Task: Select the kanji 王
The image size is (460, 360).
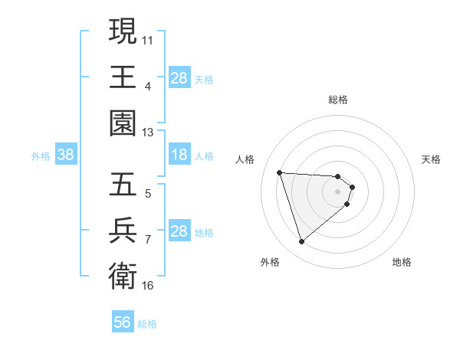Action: [123, 77]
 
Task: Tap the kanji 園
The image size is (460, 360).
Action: [123, 123]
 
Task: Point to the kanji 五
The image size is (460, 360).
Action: [123, 184]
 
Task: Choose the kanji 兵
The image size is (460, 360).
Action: [123, 230]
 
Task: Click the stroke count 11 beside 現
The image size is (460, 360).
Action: [148, 38]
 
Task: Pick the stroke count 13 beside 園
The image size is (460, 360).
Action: [148, 132]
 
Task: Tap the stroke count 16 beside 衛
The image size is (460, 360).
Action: [148, 286]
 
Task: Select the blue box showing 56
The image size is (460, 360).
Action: [123, 322]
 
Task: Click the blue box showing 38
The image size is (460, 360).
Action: [66, 155]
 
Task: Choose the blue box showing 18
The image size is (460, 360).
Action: [179, 155]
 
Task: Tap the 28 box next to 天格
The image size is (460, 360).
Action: [179, 78]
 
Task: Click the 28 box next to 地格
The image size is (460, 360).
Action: [179, 231]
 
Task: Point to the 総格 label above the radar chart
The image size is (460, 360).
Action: [338, 100]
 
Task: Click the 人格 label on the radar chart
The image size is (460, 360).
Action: [246, 159]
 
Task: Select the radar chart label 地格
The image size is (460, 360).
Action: [402, 262]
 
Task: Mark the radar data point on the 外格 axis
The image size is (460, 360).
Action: [301, 242]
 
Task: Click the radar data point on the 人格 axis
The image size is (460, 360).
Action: [280, 172]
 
